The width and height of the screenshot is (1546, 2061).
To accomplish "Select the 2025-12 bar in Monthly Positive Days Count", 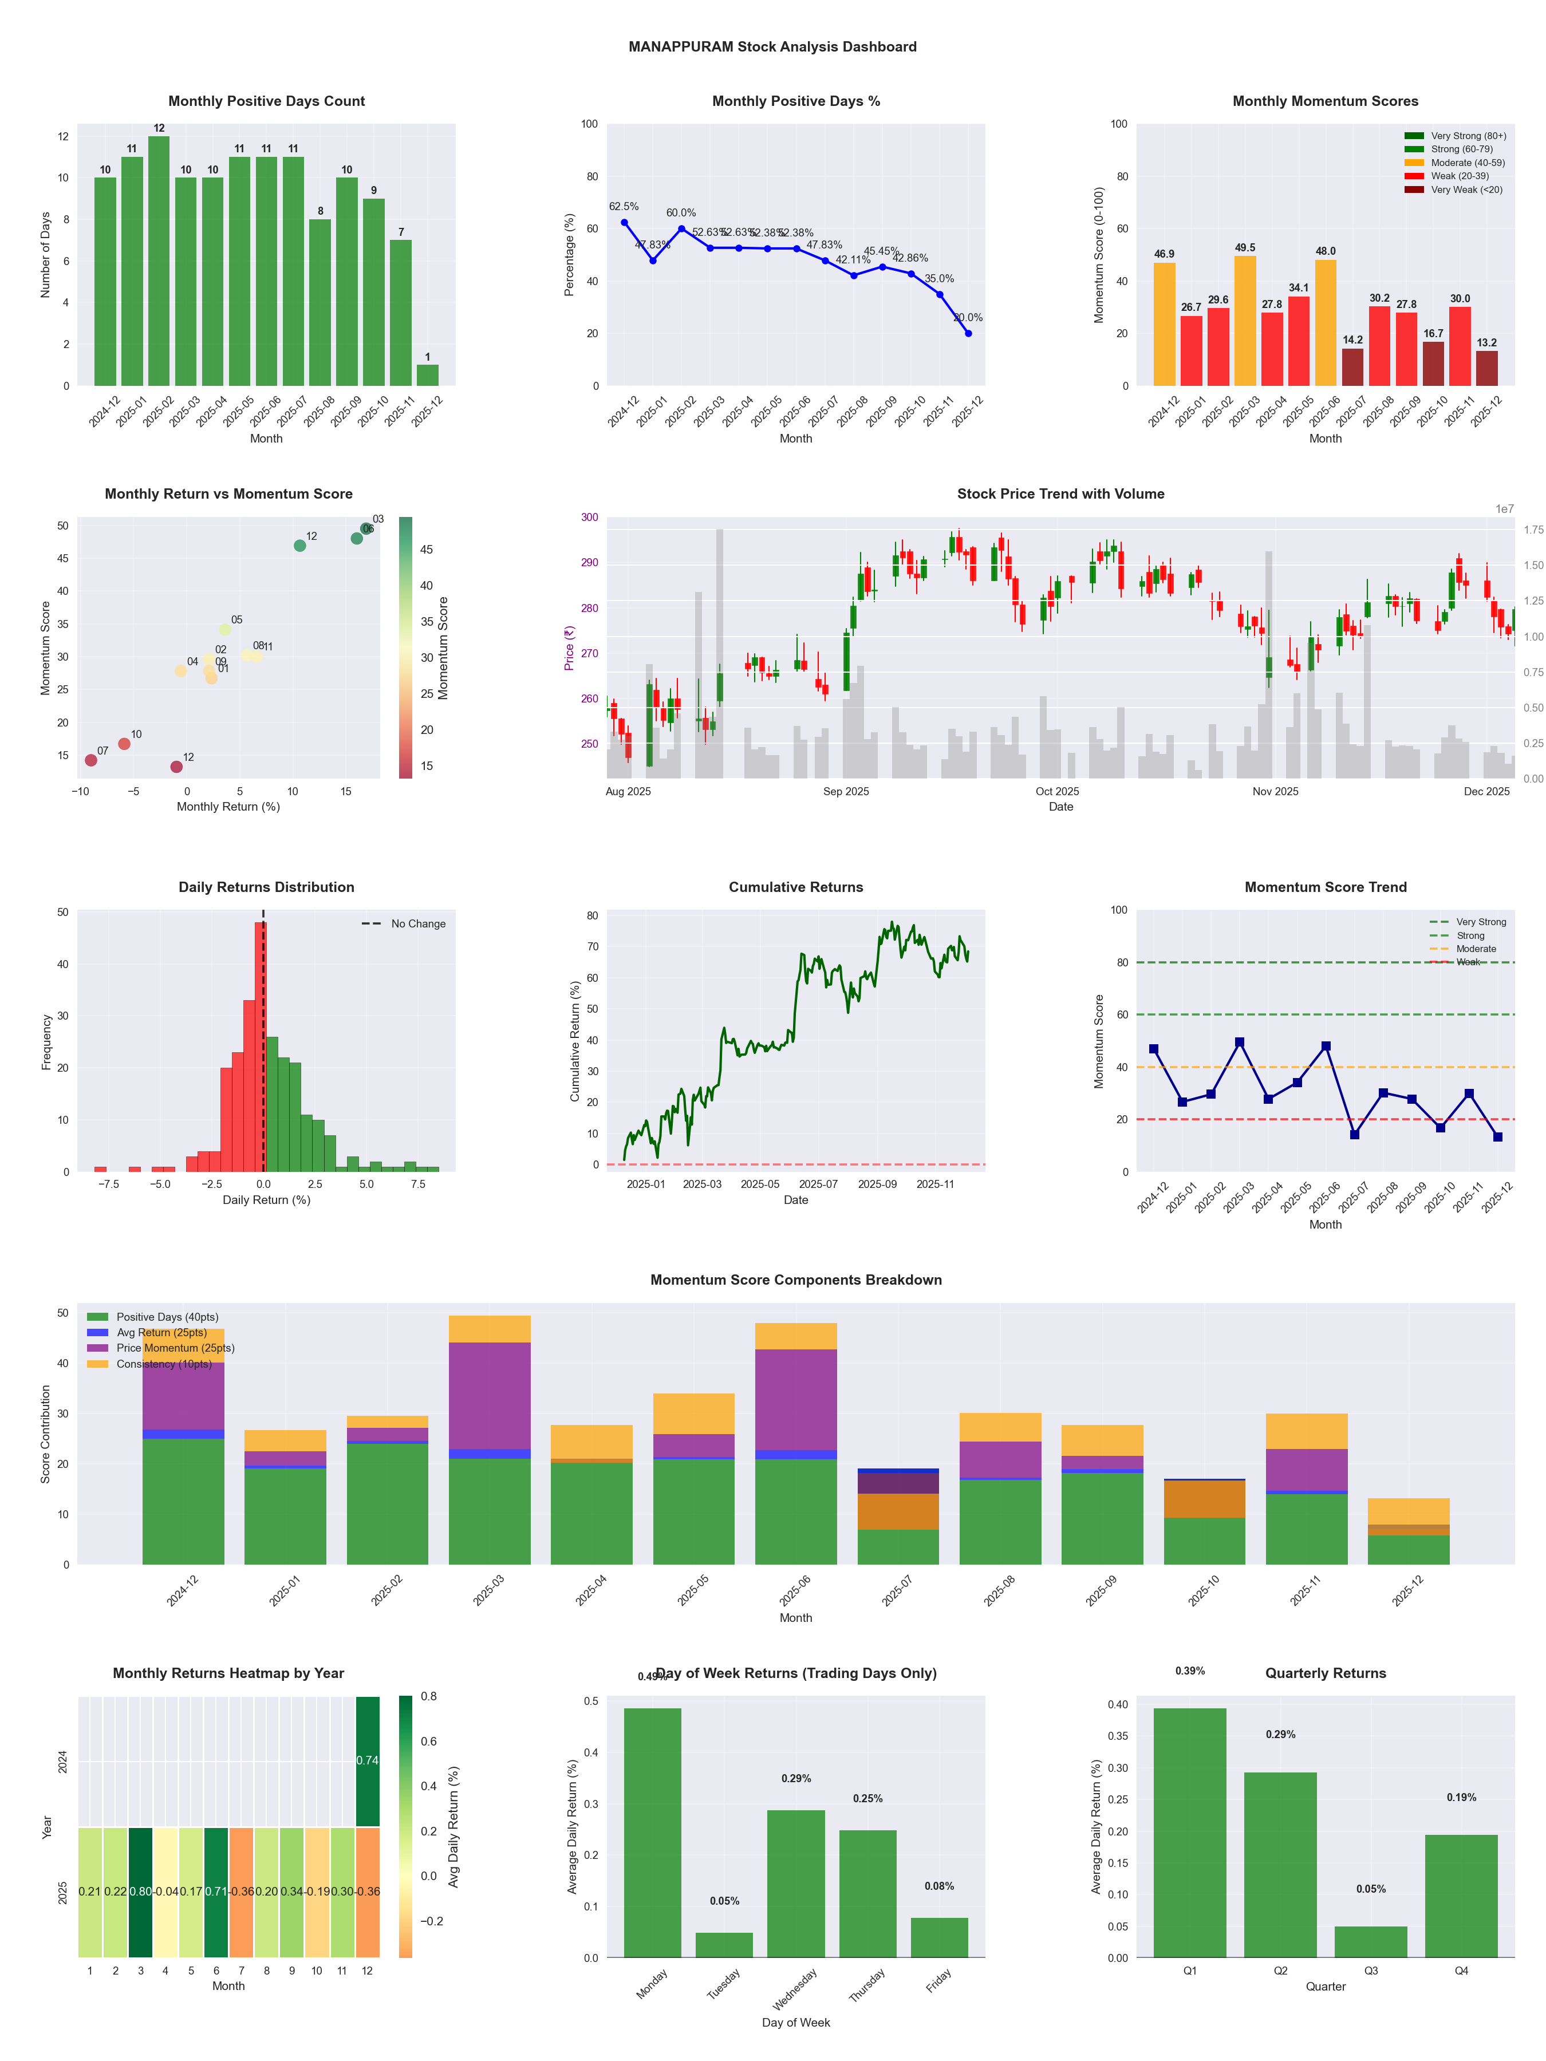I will [x=428, y=374].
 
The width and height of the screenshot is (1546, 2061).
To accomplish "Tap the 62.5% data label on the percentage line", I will [x=624, y=207].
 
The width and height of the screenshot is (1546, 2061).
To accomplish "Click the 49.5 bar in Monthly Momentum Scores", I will [x=1245, y=321].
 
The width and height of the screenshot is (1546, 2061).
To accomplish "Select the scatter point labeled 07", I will [x=91, y=760].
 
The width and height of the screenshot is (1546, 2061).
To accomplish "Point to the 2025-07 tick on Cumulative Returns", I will [x=818, y=1185].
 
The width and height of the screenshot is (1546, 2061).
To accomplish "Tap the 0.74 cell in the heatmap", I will [x=368, y=1761].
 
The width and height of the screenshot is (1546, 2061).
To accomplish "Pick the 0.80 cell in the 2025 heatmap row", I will [x=141, y=1892].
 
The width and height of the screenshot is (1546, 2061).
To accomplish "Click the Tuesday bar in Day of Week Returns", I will [x=724, y=1945].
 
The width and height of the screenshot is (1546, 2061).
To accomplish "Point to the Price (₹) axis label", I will [x=569, y=647].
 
